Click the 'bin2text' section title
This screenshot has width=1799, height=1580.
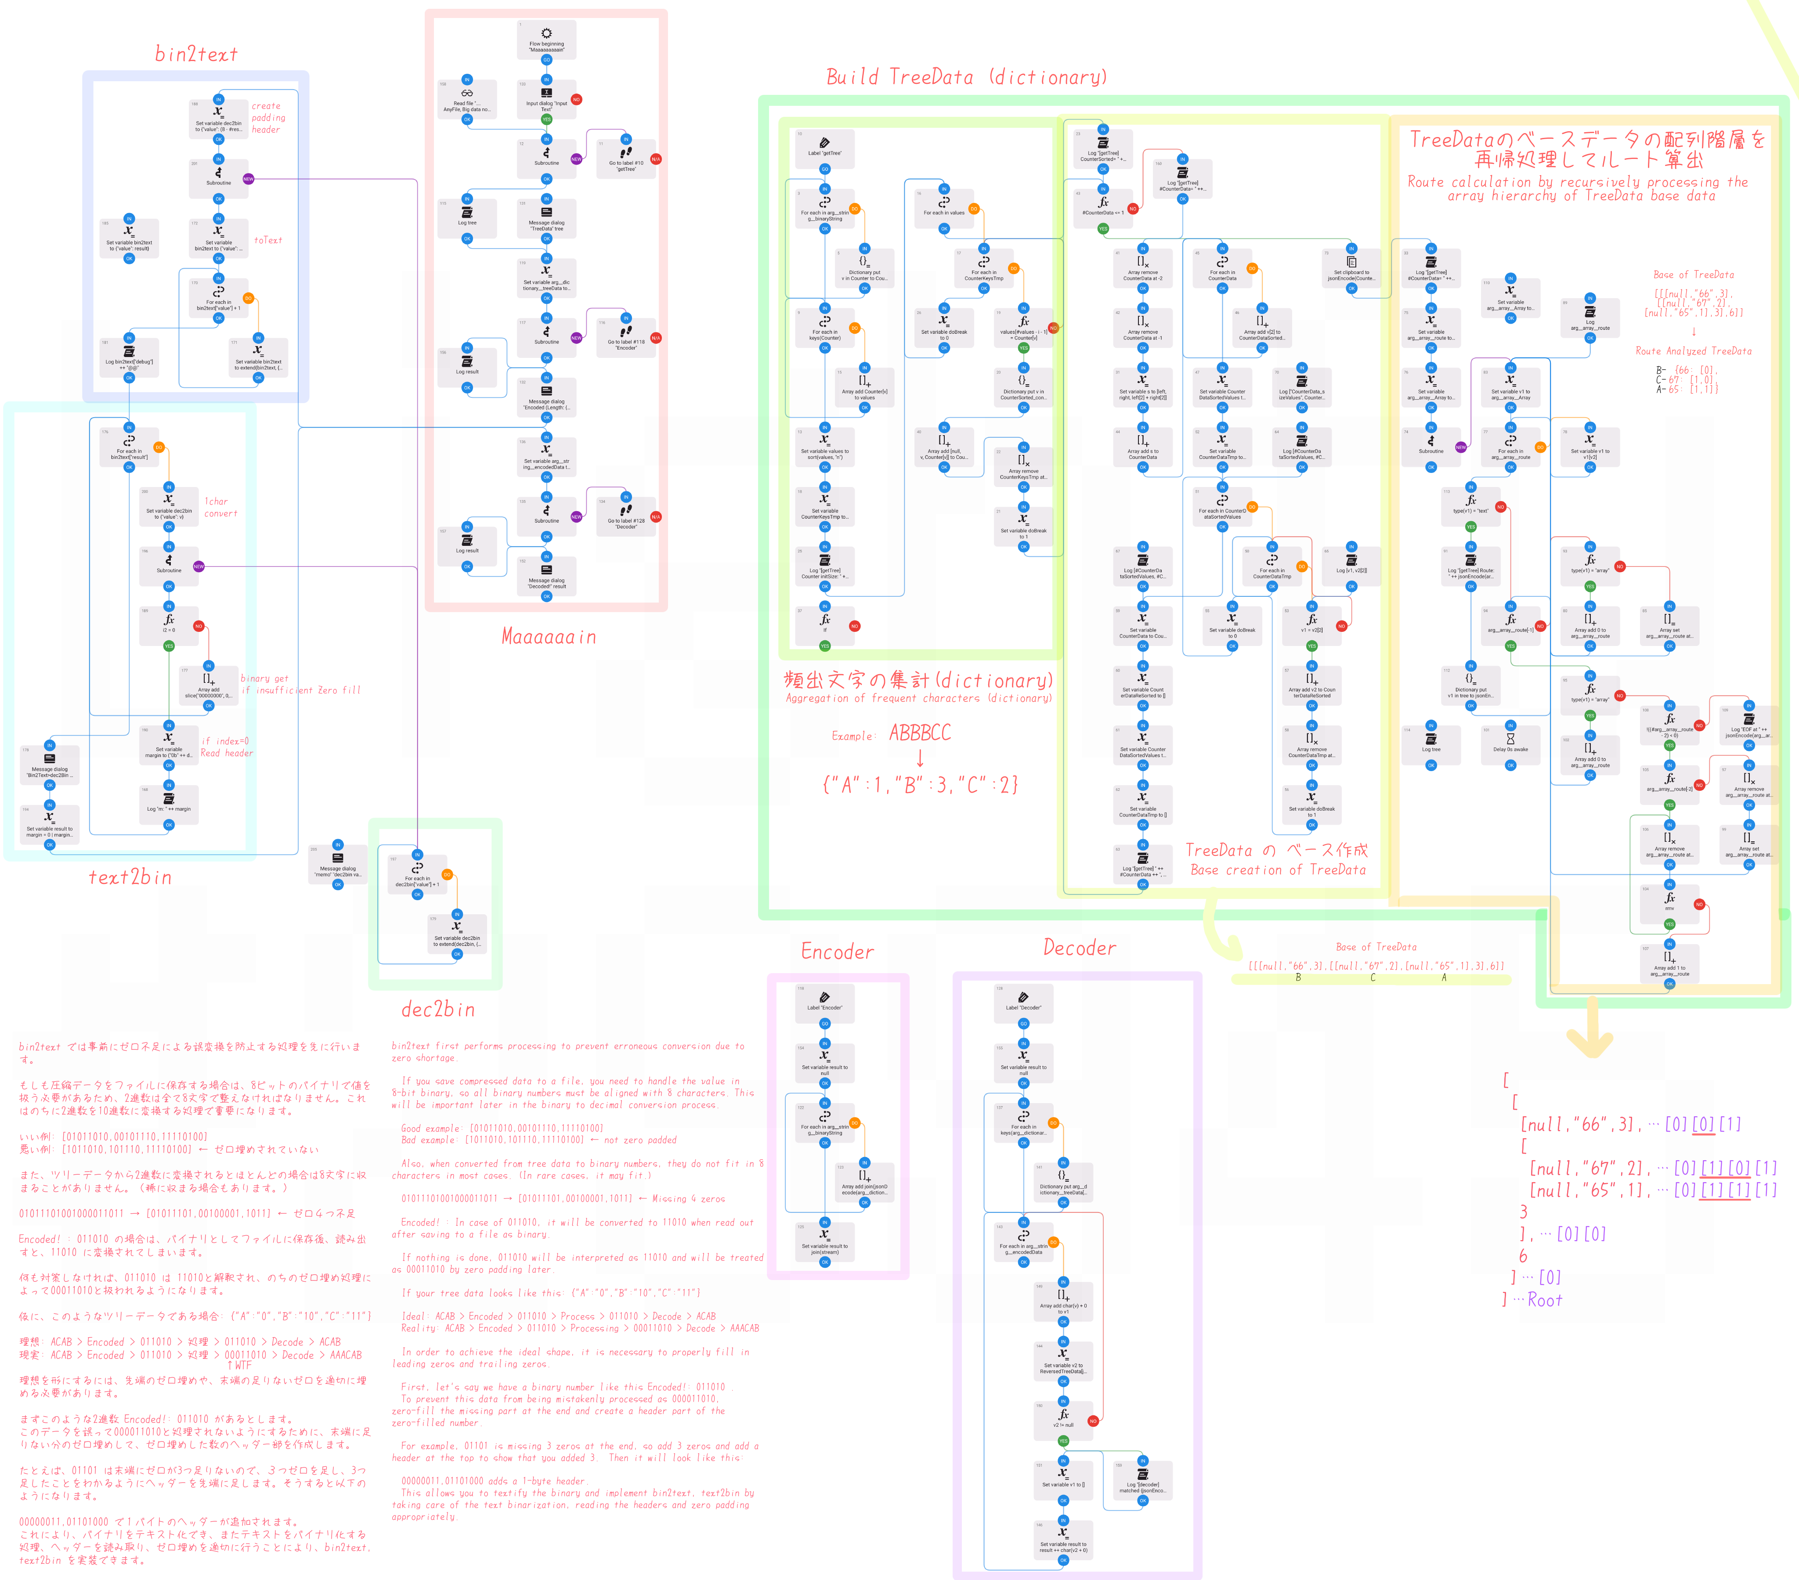pyautogui.click(x=196, y=54)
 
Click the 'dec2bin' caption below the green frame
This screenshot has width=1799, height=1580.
pyautogui.click(x=437, y=1010)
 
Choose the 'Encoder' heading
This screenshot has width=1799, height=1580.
pyautogui.click(x=837, y=952)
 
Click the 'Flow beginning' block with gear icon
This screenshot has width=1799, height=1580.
pyautogui.click(x=546, y=40)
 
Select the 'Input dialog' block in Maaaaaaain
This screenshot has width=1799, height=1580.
pyautogui.click(x=546, y=98)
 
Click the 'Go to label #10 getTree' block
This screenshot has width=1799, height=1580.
pyautogui.click(x=626, y=159)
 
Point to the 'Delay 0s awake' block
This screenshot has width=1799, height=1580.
pyautogui.click(x=1510, y=744)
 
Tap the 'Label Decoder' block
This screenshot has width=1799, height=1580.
pyautogui.click(x=1024, y=1002)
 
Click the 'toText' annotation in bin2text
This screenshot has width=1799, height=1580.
pyautogui.click(x=268, y=240)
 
